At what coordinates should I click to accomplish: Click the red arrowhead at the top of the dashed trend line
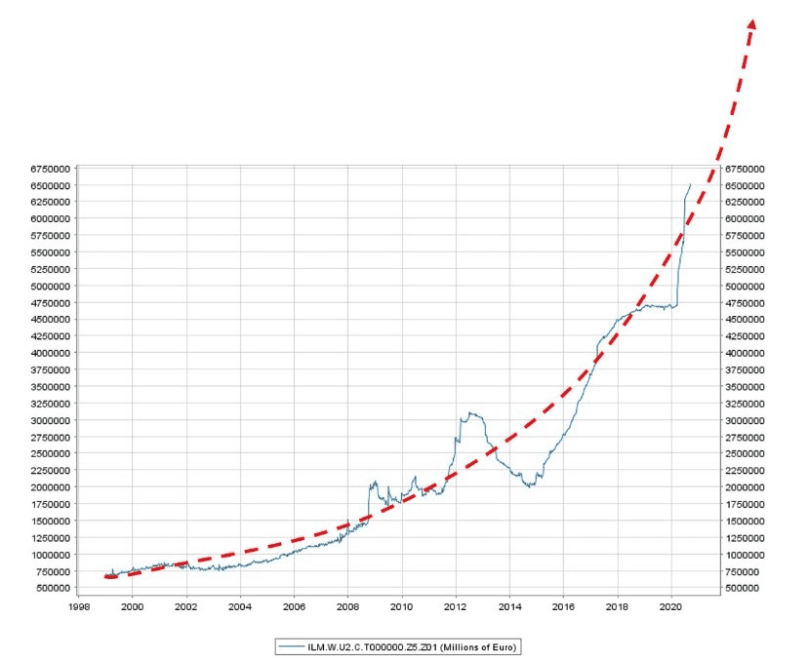751,26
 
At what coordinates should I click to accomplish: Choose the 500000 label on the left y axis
51,588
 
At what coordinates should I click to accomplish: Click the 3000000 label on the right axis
745,420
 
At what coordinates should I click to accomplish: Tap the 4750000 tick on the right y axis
745,303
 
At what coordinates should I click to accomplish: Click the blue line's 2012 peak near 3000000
472,413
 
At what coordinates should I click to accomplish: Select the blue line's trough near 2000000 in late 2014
528,485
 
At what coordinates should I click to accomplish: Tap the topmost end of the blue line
690,184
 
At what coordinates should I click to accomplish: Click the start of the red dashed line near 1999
105,576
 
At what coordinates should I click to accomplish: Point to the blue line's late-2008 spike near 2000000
374,483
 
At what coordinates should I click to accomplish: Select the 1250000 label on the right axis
745,538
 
